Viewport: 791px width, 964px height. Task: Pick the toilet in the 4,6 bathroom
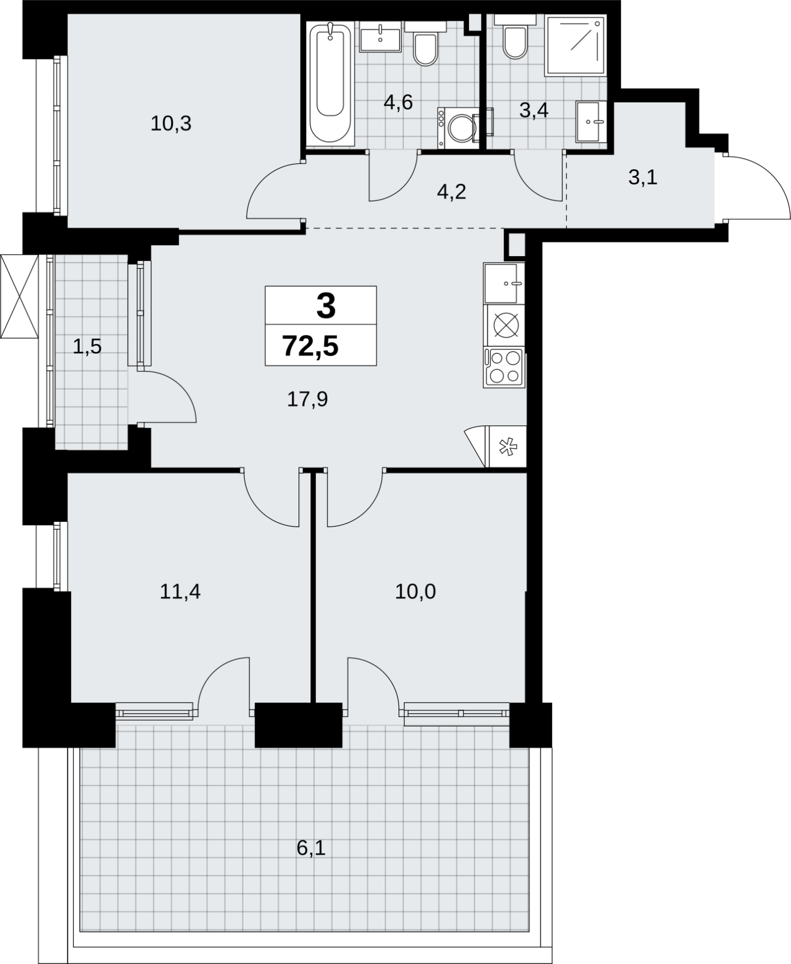point(426,44)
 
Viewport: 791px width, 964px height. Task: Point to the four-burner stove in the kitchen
point(503,367)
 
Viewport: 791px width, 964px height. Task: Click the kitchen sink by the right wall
point(503,283)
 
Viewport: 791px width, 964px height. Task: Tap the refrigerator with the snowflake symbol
point(508,446)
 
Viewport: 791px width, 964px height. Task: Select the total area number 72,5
point(310,346)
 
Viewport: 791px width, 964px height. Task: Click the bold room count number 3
point(326,306)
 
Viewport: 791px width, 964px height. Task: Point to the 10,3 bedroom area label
point(171,124)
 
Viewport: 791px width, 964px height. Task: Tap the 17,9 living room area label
point(307,399)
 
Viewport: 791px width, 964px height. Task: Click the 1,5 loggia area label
point(87,346)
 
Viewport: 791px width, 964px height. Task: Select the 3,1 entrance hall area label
point(643,177)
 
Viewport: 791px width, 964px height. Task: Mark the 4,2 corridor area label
point(452,192)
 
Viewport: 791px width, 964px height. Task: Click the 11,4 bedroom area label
point(180,592)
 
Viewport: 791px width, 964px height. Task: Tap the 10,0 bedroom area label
point(415,592)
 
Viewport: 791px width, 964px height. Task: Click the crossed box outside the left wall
point(19,296)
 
